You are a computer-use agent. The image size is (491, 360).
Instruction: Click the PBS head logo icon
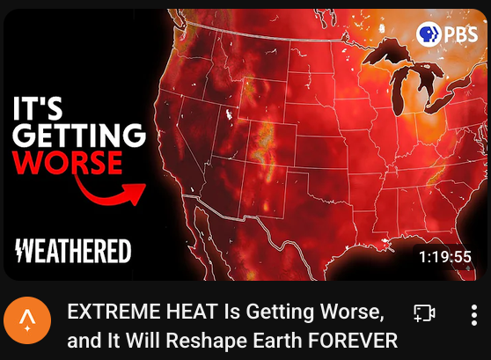point(429,34)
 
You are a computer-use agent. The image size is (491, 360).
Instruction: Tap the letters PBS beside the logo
point(460,35)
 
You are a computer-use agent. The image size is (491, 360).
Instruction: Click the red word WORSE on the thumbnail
point(67,162)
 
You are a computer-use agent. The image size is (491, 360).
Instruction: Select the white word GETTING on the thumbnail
point(79,135)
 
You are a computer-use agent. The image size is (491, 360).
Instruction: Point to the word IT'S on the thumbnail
point(38,108)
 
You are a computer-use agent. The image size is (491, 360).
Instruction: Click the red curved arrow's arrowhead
point(136,193)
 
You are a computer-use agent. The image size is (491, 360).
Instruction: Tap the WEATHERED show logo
point(73,251)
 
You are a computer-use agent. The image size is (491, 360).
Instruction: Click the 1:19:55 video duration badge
point(445,257)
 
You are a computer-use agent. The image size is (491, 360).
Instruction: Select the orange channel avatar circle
point(27,320)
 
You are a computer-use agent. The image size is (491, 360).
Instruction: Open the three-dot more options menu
point(474,315)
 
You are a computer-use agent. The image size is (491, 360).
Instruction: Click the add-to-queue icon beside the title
point(424,313)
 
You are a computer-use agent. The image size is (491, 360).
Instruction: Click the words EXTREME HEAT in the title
point(143,311)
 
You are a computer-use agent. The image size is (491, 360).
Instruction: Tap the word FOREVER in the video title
point(353,340)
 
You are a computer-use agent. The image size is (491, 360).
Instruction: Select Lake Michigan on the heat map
point(399,91)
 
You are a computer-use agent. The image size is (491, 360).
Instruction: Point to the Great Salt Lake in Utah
point(229,114)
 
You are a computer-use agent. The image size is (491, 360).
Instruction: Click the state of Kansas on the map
point(321,152)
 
